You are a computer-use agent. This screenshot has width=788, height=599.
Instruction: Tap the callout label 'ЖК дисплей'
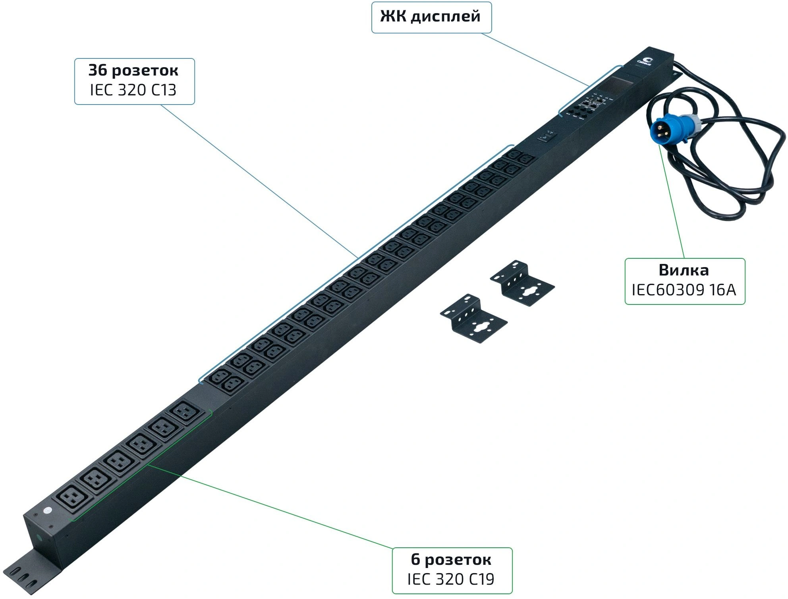[431, 17]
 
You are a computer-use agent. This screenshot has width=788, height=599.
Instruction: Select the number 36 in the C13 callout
[97, 70]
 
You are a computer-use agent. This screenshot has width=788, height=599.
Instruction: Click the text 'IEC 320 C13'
[133, 90]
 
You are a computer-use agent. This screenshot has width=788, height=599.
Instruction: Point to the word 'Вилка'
[684, 270]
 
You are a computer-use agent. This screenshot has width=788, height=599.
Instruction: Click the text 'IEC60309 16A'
[684, 290]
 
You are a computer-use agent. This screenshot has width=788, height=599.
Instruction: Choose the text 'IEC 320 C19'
[451, 579]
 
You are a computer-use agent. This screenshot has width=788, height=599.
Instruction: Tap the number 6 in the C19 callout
[415, 560]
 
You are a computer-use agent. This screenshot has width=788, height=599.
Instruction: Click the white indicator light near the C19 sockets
[48, 510]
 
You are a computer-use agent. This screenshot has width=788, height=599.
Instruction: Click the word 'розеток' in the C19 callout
[458, 560]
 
